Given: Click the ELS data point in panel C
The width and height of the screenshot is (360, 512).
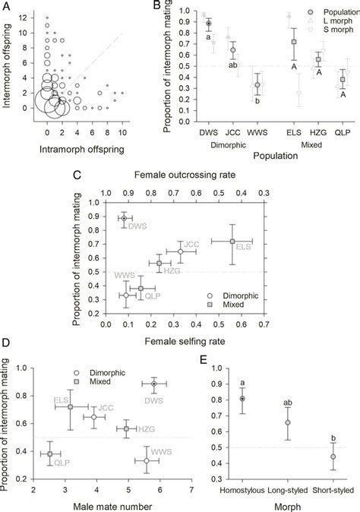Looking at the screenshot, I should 232,241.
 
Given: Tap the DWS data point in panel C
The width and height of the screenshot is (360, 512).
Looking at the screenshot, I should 125,218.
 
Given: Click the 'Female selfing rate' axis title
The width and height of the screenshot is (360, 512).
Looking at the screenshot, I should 175,340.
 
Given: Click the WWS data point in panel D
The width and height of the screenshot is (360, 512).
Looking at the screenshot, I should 147,460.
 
